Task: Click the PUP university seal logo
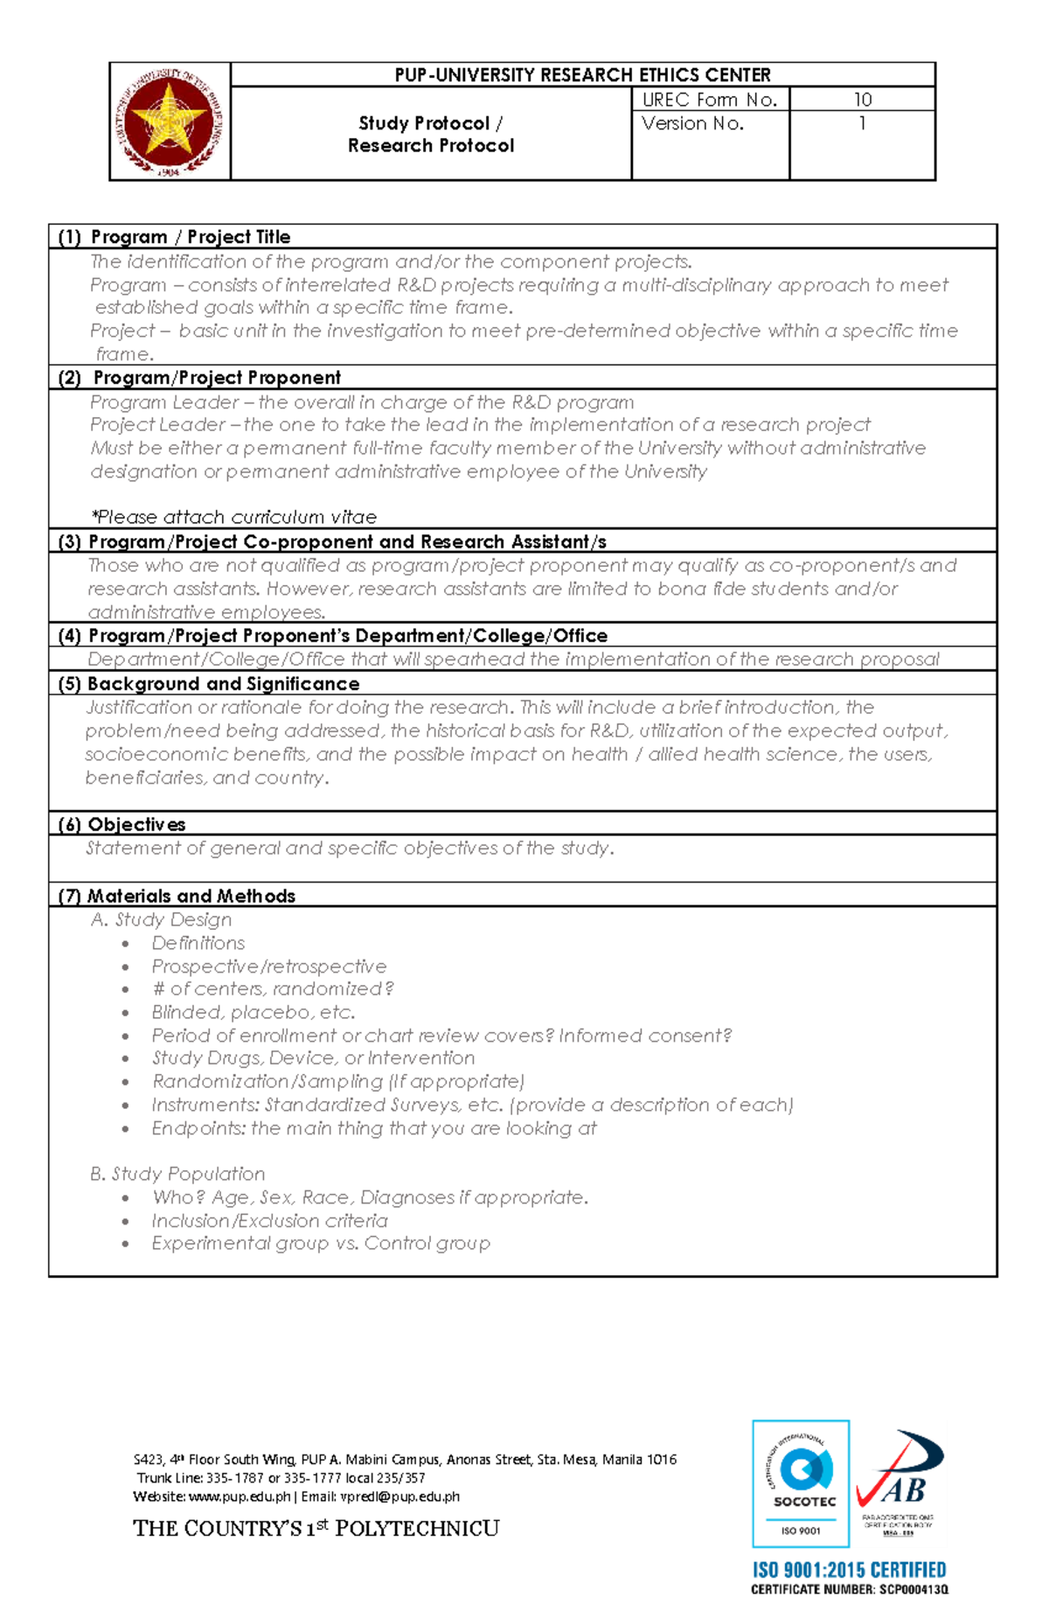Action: pyautogui.click(x=170, y=122)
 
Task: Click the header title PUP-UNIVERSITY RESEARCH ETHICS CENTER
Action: pyautogui.click(x=582, y=75)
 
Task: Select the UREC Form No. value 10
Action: pyautogui.click(x=862, y=100)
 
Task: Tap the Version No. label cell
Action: pyautogui.click(x=692, y=124)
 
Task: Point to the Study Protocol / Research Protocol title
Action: pyautogui.click(x=430, y=135)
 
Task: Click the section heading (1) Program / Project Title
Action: pyautogui.click(x=174, y=237)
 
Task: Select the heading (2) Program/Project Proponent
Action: pyautogui.click(x=199, y=378)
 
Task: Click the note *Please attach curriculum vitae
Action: pyautogui.click(x=234, y=517)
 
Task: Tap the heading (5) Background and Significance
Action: pyautogui.click(x=209, y=684)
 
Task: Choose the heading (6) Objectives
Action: pyautogui.click(x=122, y=825)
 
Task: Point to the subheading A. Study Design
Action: pyautogui.click(x=161, y=920)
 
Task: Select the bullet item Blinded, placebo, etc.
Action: pyautogui.click(x=253, y=1013)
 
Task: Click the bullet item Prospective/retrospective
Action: pyautogui.click(x=268, y=966)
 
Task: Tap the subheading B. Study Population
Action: pyautogui.click(x=177, y=1174)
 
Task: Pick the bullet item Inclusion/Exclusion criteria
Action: pyautogui.click(x=269, y=1221)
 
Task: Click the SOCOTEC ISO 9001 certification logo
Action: pyautogui.click(x=801, y=1483)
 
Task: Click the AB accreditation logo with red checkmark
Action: pyautogui.click(x=899, y=1482)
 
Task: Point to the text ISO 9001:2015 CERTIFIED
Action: pyautogui.click(x=849, y=1570)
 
